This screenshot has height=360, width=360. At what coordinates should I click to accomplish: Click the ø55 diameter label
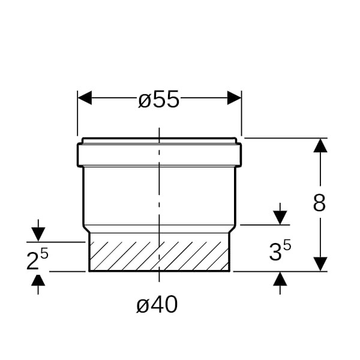pos(158,99)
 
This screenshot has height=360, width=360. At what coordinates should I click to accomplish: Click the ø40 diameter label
pos(157,304)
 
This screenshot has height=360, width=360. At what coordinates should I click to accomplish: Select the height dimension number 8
pos(319,203)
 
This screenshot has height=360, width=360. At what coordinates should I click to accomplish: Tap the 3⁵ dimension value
pos(280,250)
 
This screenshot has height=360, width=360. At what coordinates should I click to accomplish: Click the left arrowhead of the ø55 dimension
pos(85,98)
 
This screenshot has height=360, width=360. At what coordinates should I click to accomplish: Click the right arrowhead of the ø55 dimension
pos(234,98)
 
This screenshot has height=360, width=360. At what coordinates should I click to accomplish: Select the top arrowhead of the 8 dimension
pos(320,145)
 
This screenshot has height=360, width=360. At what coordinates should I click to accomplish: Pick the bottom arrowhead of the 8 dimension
pos(320,264)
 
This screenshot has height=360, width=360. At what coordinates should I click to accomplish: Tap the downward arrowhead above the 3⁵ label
pos(280,218)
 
